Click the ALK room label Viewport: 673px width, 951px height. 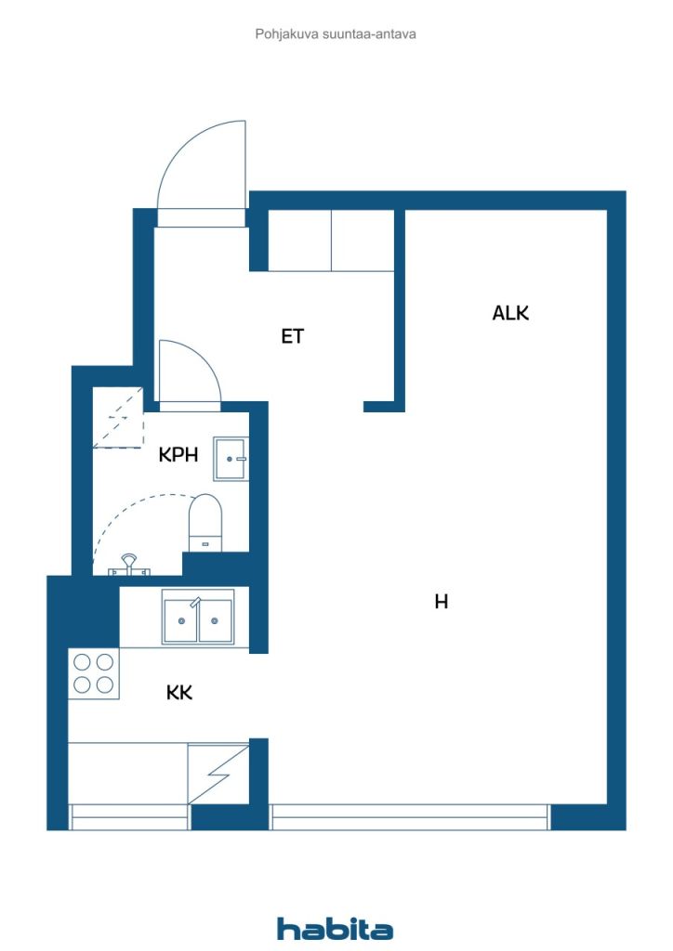[x=510, y=313]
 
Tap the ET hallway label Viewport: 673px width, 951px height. [x=292, y=336]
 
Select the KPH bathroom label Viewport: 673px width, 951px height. [x=178, y=454]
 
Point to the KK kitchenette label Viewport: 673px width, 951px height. [x=179, y=692]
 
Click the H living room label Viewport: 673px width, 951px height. [x=442, y=601]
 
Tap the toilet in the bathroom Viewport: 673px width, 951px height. [x=205, y=523]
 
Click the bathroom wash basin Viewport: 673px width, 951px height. [x=231, y=459]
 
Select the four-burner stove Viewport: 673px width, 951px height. [x=94, y=673]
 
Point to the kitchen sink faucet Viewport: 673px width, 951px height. [x=195, y=602]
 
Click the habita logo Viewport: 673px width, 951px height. [x=335, y=929]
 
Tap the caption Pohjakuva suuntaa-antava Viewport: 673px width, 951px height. [x=336, y=34]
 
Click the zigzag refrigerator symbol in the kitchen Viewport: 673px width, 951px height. [x=218, y=775]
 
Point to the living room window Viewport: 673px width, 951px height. [x=410, y=817]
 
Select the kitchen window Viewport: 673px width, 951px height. [x=129, y=817]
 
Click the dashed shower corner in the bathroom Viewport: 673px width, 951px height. [x=118, y=418]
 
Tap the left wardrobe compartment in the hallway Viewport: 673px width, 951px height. [x=300, y=241]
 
